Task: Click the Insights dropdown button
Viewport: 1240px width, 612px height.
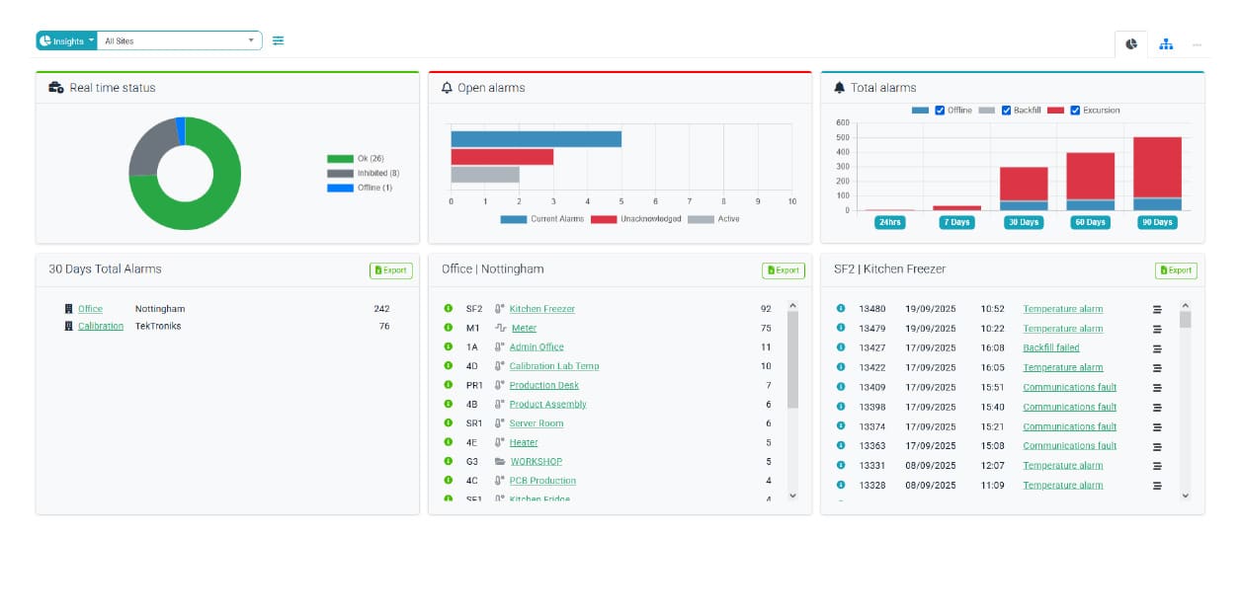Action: (x=66, y=40)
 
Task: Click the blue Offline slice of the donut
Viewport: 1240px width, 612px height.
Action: (x=181, y=130)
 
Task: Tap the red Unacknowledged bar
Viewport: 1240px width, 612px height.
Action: (x=502, y=157)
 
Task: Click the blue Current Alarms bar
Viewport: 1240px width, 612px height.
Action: (x=536, y=139)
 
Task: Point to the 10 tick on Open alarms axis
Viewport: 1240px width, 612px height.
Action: (x=791, y=201)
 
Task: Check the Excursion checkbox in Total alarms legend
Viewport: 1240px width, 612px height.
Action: (x=1075, y=111)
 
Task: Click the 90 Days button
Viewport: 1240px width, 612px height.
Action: (x=1157, y=222)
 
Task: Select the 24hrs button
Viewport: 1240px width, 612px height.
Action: (x=889, y=222)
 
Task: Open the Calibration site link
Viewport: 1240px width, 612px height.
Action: (x=101, y=326)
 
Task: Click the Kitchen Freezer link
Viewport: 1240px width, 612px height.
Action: (x=541, y=309)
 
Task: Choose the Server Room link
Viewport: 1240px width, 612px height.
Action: (x=536, y=423)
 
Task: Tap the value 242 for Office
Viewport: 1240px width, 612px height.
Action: (x=381, y=309)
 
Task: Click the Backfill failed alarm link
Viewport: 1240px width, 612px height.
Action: (x=1050, y=347)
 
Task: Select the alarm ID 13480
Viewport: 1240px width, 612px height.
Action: (x=871, y=309)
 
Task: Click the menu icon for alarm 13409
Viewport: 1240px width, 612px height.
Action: (x=1157, y=387)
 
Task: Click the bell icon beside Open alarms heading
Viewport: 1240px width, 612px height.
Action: (x=447, y=88)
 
